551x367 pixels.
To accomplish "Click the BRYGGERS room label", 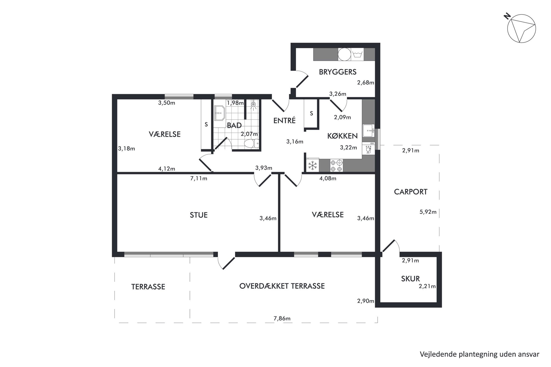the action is [x=337, y=72].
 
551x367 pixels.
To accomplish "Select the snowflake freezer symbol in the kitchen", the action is [x=312, y=165].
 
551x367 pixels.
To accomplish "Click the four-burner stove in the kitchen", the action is [x=336, y=165].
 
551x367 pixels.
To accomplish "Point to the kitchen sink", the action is [x=368, y=131].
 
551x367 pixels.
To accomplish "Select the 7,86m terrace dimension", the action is [x=282, y=318].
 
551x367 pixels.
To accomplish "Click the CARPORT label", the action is [x=410, y=192].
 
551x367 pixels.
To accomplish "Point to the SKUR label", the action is [x=410, y=279].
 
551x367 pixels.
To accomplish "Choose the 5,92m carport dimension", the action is [x=428, y=212].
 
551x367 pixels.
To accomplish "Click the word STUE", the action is [x=199, y=215].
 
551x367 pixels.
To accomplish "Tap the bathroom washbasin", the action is [x=220, y=113].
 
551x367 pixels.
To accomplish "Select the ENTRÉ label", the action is [x=284, y=120].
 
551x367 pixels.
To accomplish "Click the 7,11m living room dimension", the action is [x=199, y=178].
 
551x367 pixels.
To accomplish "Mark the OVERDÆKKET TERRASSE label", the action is [x=282, y=286].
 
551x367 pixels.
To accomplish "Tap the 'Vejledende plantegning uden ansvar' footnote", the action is [x=479, y=354].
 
